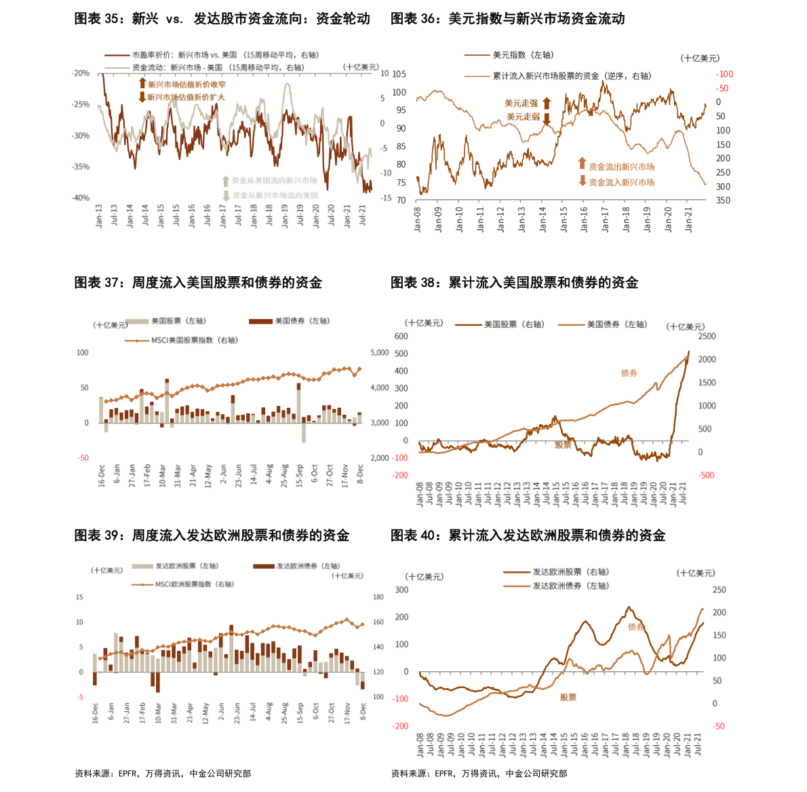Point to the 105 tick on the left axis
(399, 74)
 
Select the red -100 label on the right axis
(724, 74)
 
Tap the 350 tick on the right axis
(723, 200)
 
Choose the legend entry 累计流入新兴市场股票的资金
(572, 76)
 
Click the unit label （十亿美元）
(701, 58)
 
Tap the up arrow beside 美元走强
(547, 103)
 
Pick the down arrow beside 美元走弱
(547, 118)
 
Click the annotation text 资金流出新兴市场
(621, 166)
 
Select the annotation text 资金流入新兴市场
(621, 183)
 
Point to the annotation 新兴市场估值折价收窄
(186, 84)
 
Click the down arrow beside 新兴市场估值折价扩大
(142, 97)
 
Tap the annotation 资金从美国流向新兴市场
(274, 181)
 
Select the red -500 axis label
(707, 475)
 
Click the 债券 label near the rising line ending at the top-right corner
(629, 373)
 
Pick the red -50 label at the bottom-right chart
(719, 726)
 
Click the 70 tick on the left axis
(401, 200)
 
